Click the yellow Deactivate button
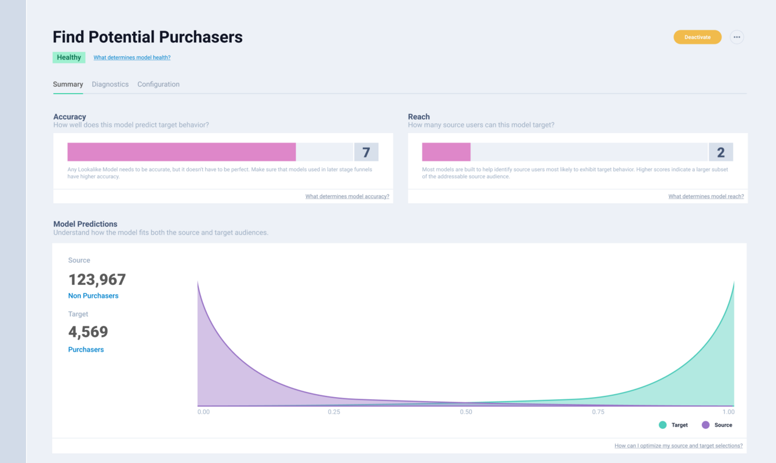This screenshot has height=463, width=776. pyautogui.click(x=697, y=37)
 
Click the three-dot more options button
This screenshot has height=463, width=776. pyautogui.click(x=737, y=37)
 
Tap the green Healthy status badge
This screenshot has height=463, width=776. pyautogui.click(x=69, y=57)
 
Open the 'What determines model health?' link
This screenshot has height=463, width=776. pyautogui.click(x=132, y=58)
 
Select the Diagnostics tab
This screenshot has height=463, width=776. pyautogui.click(x=110, y=84)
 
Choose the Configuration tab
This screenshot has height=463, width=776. pyautogui.click(x=158, y=84)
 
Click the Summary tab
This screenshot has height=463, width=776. pyautogui.click(x=68, y=84)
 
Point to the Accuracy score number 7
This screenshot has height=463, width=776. pyautogui.click(x=366, y=152)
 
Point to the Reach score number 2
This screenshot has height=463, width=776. pyautogui.click(x=721, y=152)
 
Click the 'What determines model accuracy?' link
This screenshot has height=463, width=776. pyautogui.click(x=347, y=197)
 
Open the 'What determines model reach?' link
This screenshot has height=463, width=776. pyautogui.click(x=706, y=197)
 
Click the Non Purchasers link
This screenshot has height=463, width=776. pyautogui.click(x=93, y=296)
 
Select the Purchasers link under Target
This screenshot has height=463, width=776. pyautogui.click(x=86, y=350)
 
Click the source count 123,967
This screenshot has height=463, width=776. pyautogui.click(x=97, y=280)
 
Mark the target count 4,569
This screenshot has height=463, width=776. pyautogui.click(x=88, y=332)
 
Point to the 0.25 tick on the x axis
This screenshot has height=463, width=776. pyautogui.click(x=334, y=412)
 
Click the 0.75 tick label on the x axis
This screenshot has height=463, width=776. pyautogui.click(x=598, y=412)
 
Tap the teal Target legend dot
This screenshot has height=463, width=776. pyautogui.click(x=663, y=425)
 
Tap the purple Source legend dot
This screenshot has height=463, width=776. pyautogui.click(x=705, y=425)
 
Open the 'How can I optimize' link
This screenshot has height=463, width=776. pyautogui.click(x=679, y=446)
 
